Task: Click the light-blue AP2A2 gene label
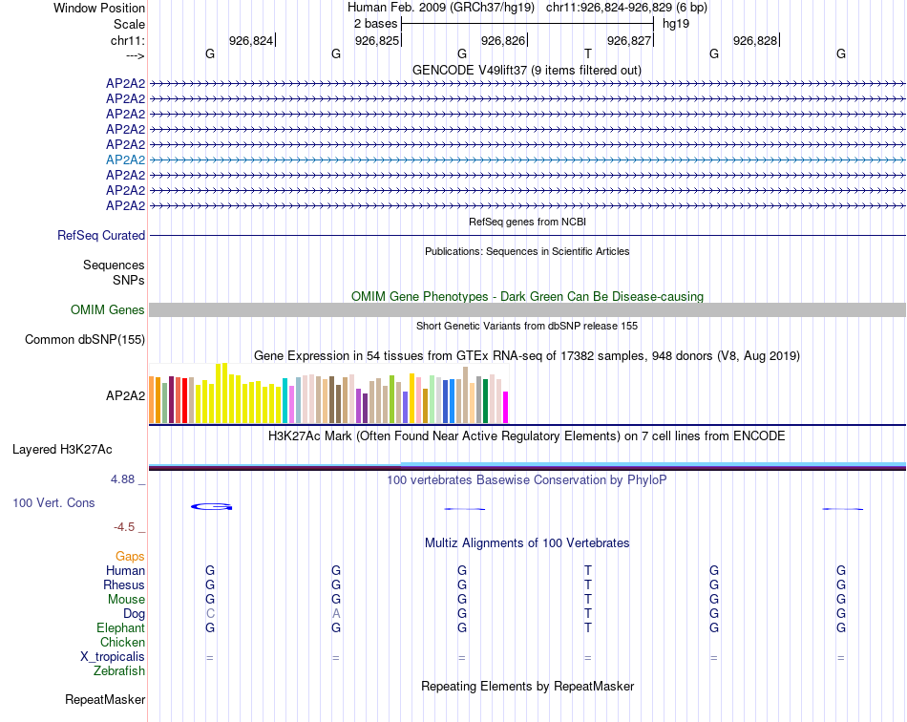[125, 159]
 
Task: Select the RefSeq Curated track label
[101, 235]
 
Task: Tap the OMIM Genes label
[107, 309]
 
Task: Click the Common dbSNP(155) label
[85, 339]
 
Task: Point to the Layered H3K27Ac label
[62, 449]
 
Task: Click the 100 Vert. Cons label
[53, 502]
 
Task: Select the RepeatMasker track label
[105, 700]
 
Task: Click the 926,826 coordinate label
[503, 40]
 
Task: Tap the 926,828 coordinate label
[755, 40]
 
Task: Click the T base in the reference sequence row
[588, 54]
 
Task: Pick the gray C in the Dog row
[210, 613]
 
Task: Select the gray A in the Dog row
[336, 613]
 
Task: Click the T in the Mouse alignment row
[588, 599]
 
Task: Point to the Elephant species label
[120, 628]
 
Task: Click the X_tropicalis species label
[113, 657]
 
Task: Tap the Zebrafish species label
[119, 671]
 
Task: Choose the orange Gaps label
[130, 556]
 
